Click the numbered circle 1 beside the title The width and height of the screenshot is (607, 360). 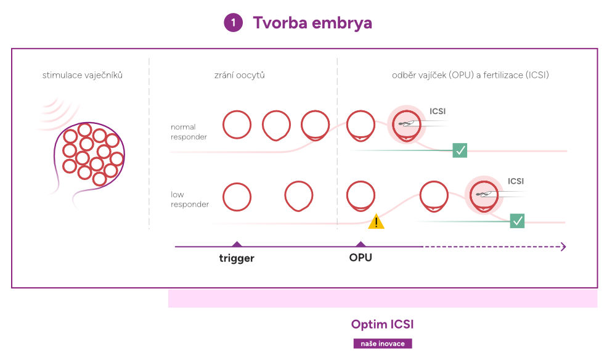[233, 22]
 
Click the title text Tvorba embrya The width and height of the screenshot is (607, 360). [312, 23]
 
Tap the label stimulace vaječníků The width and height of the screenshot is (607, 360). [83, 75]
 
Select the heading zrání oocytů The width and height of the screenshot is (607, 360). [240, 75]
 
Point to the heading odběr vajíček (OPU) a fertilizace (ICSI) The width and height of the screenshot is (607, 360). [470, 75]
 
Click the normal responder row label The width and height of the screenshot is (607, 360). [189, 132]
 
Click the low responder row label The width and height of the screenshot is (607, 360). [190, 199]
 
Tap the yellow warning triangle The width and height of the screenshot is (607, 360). [376, 222]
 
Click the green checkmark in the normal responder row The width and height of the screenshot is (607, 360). [460, 150]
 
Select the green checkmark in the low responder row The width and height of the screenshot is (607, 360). [517, 221]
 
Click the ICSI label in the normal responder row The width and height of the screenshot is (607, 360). [438, 111]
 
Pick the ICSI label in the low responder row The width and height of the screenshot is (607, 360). [516, 181]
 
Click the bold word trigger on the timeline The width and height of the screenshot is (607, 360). [237, 258]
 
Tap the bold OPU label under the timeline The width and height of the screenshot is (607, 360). [361, 258]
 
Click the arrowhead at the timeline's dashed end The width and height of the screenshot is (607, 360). [564, 247]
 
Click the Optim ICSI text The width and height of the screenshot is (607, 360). [383, 324]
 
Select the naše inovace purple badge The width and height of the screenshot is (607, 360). [383, 343]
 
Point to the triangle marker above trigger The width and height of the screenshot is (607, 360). [237, 244]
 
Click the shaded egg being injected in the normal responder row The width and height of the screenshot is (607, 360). [407, 125]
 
